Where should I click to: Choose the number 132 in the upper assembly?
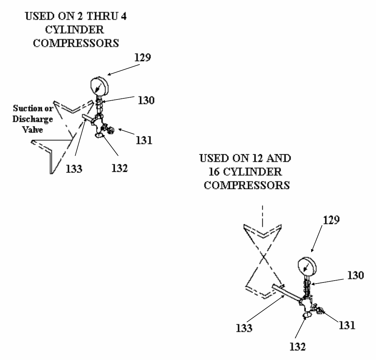[120, 168]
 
